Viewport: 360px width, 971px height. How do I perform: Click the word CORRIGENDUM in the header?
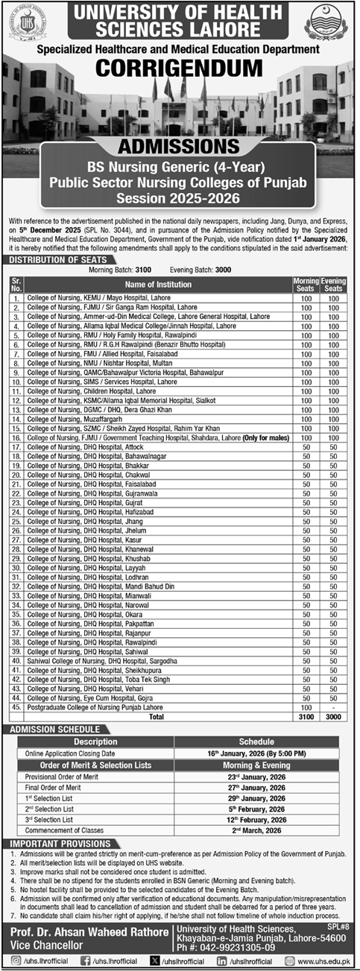coord(180,66)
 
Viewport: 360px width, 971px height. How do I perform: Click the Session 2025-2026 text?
coord(180,197)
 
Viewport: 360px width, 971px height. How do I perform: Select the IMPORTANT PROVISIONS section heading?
coord(56,843)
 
